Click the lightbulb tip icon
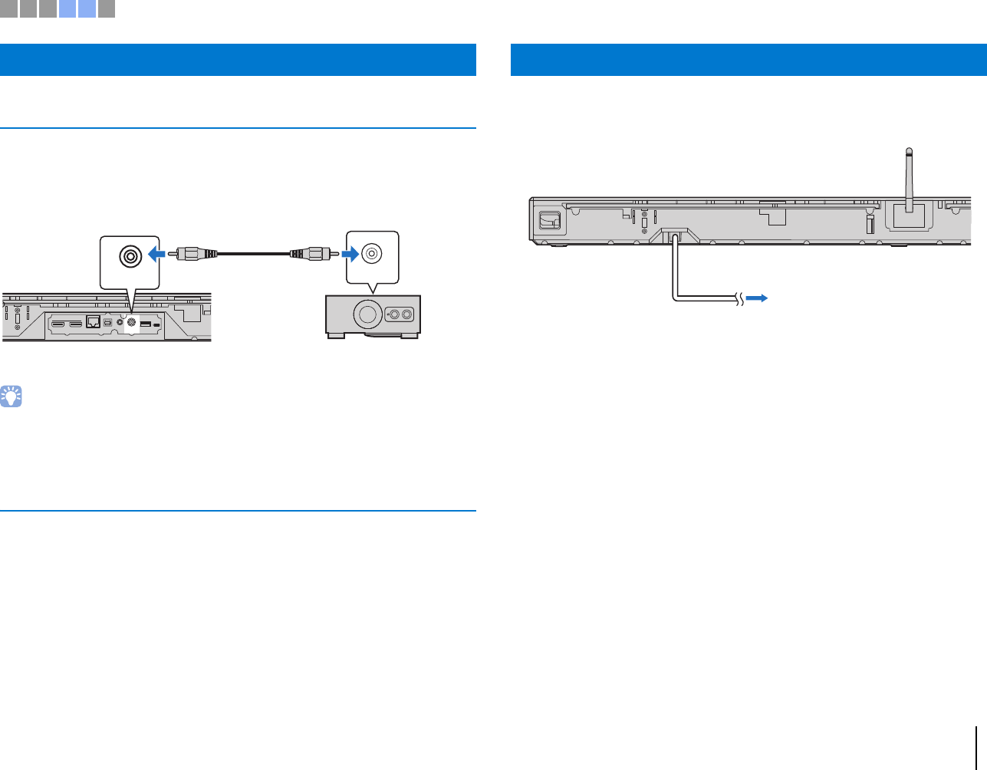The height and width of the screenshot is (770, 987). click(x=12, y=397)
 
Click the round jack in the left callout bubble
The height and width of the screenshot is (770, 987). click(x=130, y=255)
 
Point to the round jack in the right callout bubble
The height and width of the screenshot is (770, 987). click(x=372, y=252)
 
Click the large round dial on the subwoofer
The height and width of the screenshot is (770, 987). click(x=367, y=314)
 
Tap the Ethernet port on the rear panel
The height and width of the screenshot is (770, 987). click(x=94, y=323)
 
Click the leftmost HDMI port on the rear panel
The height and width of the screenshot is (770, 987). click(x=58, y=324)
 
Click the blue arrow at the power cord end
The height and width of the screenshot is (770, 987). click(x=757, y=298)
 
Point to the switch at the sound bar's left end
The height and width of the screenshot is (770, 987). click(x=549, y=220)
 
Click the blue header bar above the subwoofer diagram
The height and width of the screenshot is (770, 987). click(x=238, y=60)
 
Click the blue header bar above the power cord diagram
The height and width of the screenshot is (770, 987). click(x=748, y=60)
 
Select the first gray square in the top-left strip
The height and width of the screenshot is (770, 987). click(x=8, y=8)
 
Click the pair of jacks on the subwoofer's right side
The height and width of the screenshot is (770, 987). click(x=400, y=314)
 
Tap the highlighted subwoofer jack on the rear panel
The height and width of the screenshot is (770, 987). click(x=131, y=323)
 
